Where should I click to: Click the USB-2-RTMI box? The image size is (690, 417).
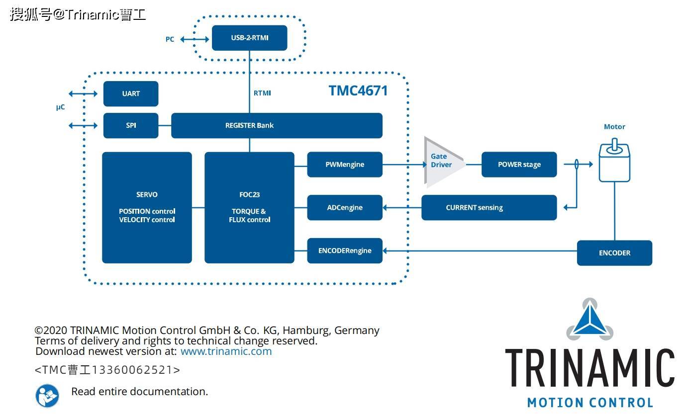click(249, 38)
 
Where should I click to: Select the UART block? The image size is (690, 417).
click(131, 93)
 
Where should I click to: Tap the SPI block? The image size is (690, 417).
click(131, 125)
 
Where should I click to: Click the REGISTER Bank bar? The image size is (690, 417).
click(277, 125)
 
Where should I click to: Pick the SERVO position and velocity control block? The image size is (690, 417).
click(147, 207)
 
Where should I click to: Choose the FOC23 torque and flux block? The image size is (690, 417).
click(249, 207)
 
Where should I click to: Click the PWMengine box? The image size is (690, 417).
click(345, 165)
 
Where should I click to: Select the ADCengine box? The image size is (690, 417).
click(345, 207)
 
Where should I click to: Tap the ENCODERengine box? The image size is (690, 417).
click(345, 250)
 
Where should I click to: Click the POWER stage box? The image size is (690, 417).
click(519, 165)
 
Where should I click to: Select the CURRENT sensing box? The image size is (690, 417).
click(489, 207)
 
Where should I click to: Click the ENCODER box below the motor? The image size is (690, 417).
click(614, 253)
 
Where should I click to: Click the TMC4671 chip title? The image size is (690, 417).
click(358, 90)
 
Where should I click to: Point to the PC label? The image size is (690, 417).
click(170, 39)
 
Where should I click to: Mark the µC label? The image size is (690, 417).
click(60, 107)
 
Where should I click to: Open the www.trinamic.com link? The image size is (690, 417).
click(226, 351)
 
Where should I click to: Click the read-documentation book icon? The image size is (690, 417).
click(47, 395)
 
